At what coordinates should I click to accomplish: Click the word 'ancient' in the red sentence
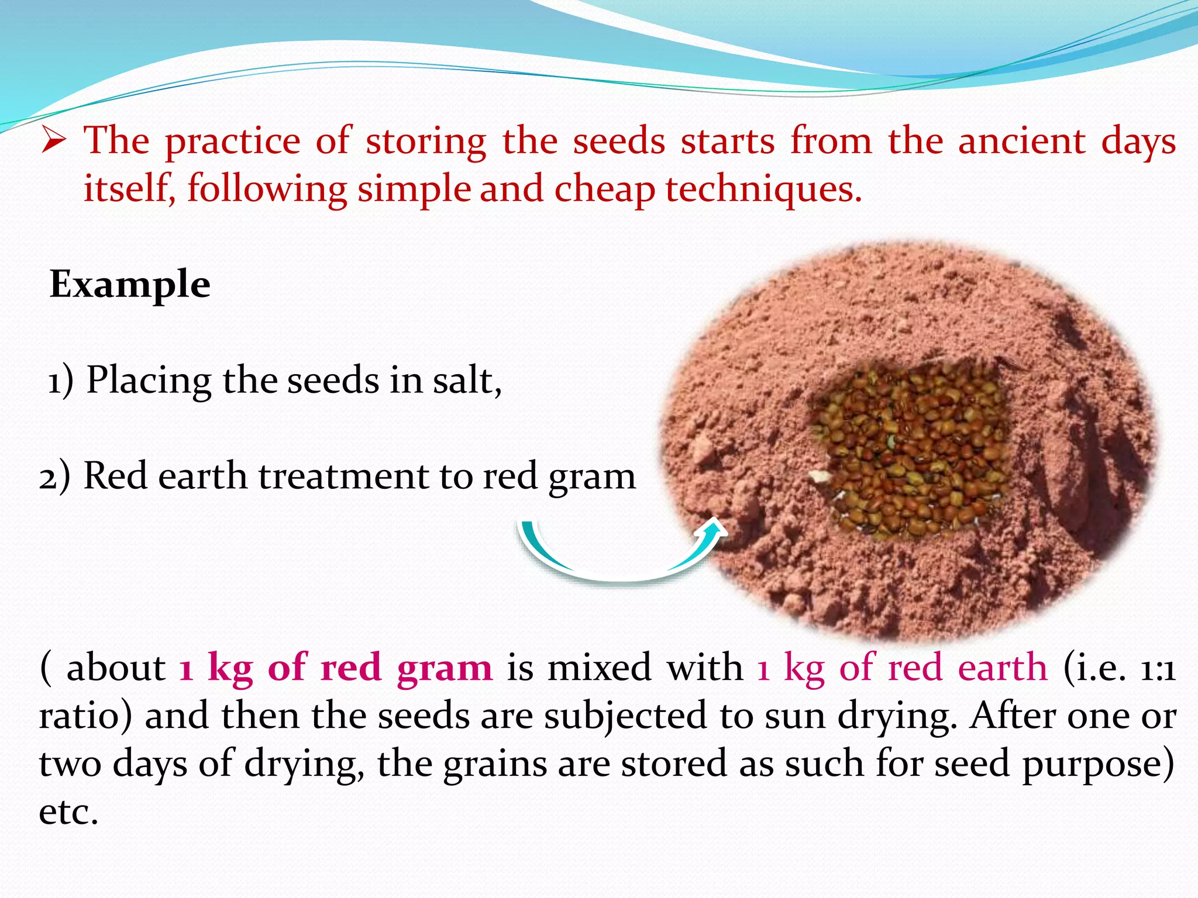point(1021,141)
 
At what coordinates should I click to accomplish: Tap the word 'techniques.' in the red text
point(763,189)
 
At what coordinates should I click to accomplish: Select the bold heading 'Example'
point(130,285)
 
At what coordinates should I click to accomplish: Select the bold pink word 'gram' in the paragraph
point(445,668)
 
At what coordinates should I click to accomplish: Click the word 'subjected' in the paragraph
point(625,717)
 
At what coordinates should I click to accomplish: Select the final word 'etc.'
point(68,813)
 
